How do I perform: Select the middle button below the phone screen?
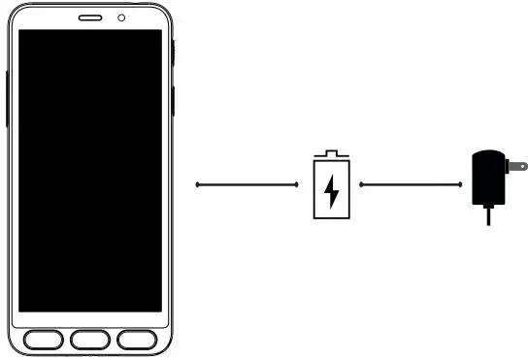coord(89,340)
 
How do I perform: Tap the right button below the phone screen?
coord(137,340)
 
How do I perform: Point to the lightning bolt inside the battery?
coord(332,188)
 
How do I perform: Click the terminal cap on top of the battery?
coord(332,152)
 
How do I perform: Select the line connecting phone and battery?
coord(247,183)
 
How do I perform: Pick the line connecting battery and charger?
coord(409,183)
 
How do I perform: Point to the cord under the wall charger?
coord(486,217)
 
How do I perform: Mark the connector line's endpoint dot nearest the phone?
coord(197,183)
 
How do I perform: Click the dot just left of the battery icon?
coord(297,183)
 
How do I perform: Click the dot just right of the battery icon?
coord(361,183)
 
